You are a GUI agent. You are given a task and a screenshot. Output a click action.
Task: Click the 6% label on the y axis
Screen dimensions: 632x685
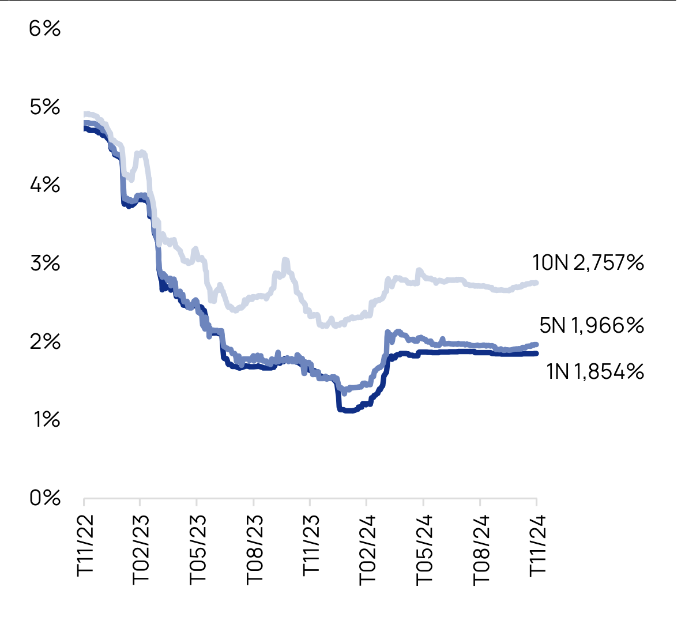[x=44, y=28]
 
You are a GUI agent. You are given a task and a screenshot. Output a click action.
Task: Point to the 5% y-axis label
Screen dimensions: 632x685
[x=44, y=107]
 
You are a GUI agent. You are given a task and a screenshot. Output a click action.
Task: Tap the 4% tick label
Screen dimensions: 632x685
[x=44, y=185]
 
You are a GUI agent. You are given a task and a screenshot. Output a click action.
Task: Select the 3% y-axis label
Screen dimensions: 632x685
[x=44, y=264]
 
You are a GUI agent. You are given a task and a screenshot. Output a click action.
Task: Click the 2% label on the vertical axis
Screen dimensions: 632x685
[x=44, y=341]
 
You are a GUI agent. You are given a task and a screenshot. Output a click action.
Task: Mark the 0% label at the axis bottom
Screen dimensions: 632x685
[x=44, y=498]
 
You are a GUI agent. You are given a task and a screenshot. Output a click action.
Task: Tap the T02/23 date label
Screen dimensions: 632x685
[x=141, y=548]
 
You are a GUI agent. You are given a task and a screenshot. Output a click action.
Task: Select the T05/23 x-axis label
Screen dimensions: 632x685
[x=198, y=548]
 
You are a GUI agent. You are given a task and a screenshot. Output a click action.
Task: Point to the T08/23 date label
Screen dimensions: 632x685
[x=254, y=548]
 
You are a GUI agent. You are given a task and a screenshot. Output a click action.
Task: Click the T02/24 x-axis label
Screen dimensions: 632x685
[x=367, y=548]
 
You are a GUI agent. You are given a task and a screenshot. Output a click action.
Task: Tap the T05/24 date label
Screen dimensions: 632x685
[x=424, y=548]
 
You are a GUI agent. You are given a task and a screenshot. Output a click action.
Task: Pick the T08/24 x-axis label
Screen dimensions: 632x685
[x=481, y=548]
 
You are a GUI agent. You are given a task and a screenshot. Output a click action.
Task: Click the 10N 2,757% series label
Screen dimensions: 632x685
[x=588, y=263]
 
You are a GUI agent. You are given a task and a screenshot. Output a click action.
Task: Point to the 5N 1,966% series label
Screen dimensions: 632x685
[x=591, y=326]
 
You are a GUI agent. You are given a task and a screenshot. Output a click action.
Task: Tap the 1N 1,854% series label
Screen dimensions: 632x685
[x=594, y=372]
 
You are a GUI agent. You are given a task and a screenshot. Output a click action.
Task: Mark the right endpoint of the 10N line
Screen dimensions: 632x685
[x=536, y=283]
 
